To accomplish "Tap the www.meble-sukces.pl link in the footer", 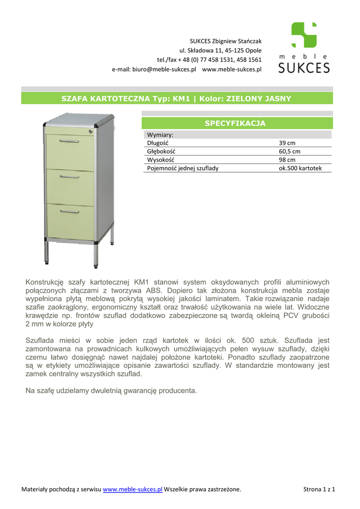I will pyautogui.click(x=132, y=490).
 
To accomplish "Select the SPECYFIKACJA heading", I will pyautogui.click(x=235, y=123).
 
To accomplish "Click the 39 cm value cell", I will pyautogui.click(x=287, y=143).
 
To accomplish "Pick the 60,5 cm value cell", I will pyautogui.click(x=289, y=151).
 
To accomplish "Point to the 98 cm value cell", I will pyautogui.click(x=287, y=160).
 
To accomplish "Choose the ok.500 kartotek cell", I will pyautogui.click(x=300, y=168).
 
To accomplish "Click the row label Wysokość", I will pyautogui.click(x=161, y=160).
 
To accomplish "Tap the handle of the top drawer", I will pyautogui.click(x=70, y=141).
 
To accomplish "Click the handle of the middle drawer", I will pyautogui.click(x=70, y=176).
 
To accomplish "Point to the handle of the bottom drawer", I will pyautogui.click(x=70, y=212).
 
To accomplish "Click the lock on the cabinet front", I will pyautogui.click(x=90, y=132).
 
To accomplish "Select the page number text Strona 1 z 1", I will pyautogui.click(x=319, y=490).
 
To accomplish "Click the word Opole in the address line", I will pyautogui.click(x=253, y=50).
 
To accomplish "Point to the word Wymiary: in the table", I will pyautogui.click(x=160, y=135).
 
